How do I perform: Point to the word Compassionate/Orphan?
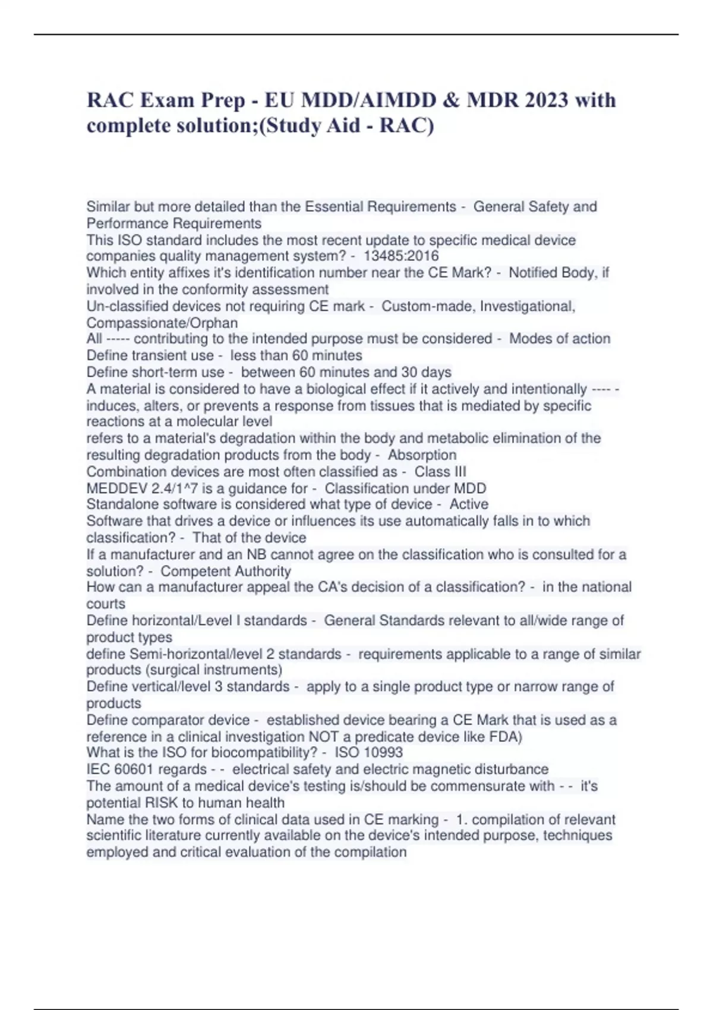(162, 323)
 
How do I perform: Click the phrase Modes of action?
(560, 339)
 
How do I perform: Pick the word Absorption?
(422, 455)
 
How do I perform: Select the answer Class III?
(440, 472)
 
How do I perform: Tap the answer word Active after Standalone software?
(469, 504)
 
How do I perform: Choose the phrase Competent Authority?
(226, 572)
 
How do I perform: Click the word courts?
(106, 604)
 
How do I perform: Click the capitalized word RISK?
(162, 803)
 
